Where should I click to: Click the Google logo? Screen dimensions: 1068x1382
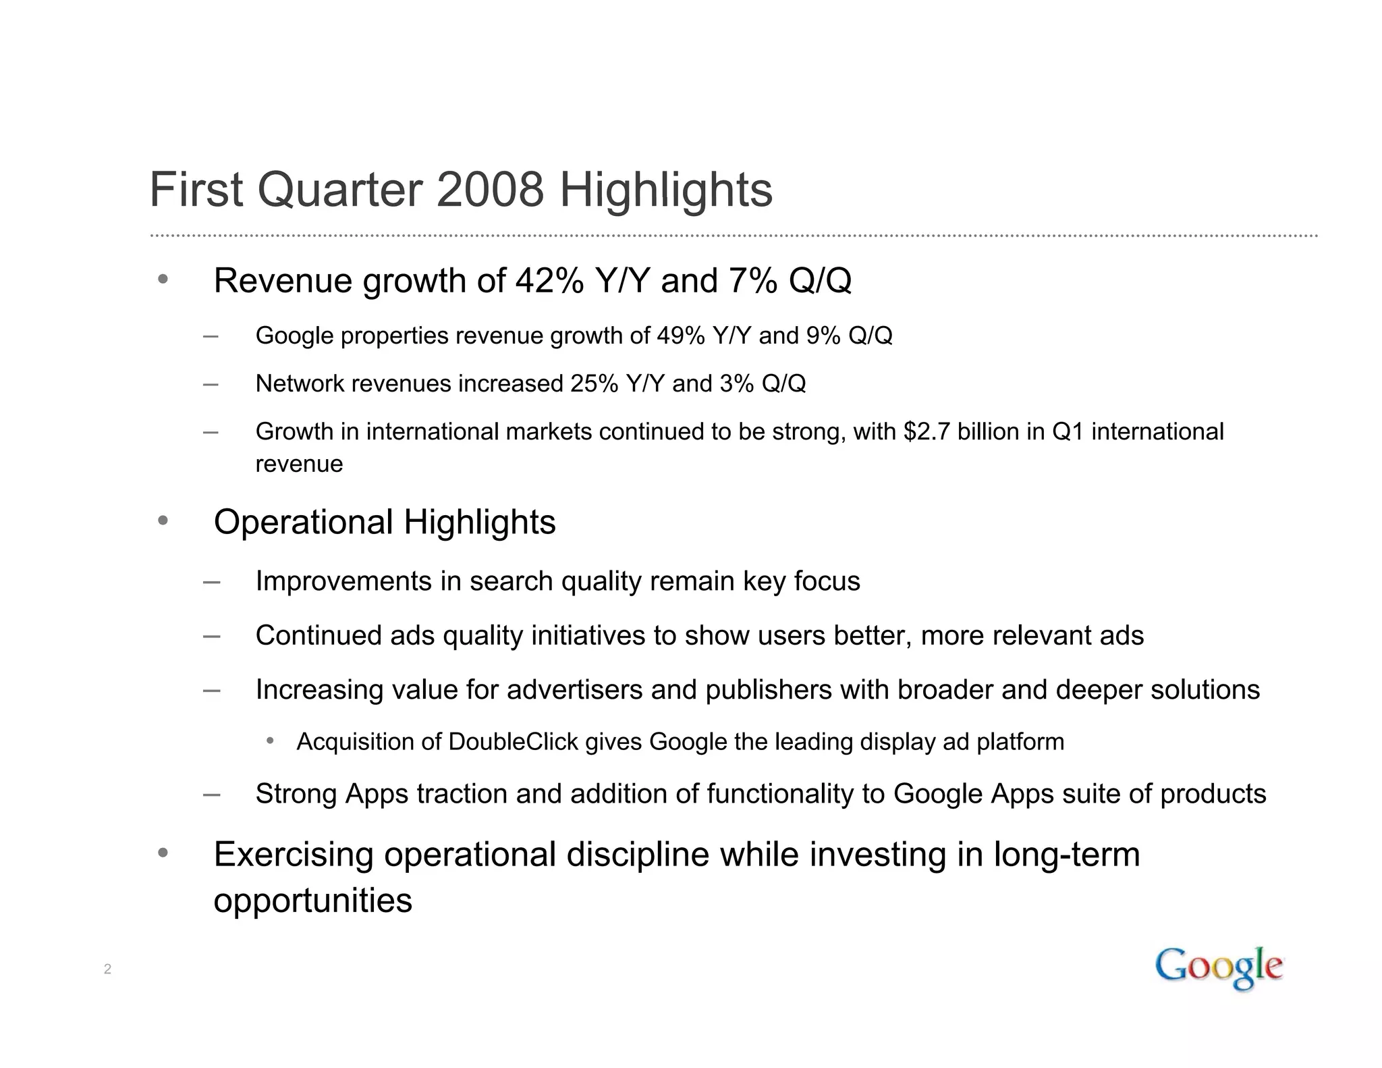(1219, 967)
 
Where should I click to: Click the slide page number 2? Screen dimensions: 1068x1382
(107, 969)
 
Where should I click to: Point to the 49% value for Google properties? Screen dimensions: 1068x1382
(680, 336)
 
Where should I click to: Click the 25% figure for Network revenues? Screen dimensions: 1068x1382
(594, 383)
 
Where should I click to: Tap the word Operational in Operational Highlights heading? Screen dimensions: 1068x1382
(303, 522)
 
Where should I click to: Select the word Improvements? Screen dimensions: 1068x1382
(343, 581)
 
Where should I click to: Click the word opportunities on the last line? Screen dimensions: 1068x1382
(312, 901)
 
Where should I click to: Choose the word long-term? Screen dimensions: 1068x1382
(1066, 855)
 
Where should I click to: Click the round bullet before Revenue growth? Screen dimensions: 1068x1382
(163, 279)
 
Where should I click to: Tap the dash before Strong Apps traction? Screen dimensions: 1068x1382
(211, 795)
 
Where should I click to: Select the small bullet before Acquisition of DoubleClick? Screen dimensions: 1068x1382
(270, 741)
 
